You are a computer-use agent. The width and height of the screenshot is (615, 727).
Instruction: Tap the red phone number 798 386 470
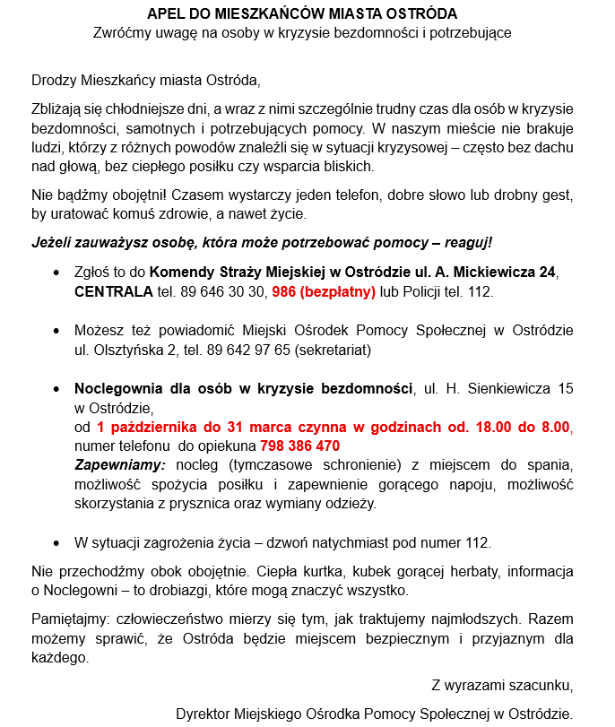coord(299,446)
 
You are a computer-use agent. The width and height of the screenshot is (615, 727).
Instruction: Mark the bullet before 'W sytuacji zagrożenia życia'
coord(58,543)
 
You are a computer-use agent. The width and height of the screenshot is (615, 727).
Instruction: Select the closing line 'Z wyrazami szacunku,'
coord(501,687)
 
